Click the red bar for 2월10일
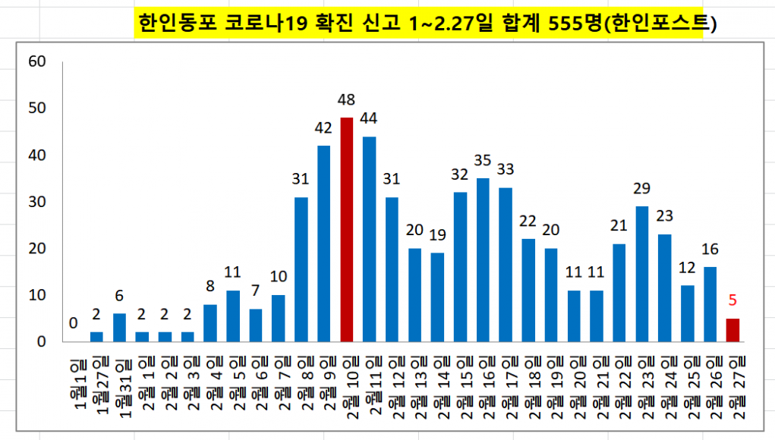pyautogui.click(x=346, y=230)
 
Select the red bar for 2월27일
pyautogui.click(x=732, y=331)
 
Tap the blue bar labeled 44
pyautogui.click(x=370, y=239)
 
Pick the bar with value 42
pyautogui.click(x=324, y=244)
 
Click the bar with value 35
pyautogui.click(x=483, y=260)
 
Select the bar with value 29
pyautogui.click(x=641, y=274)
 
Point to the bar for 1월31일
pyautogui.click(x=119, y=328)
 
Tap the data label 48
pyautogui.click(x=346, y=99)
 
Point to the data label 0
pyautogui.click(x=74, y=323)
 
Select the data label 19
pyautogui.click(x=437, y=234)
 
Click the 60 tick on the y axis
pyautogui.click(x=37, y=61)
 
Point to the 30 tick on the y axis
pyautogui.click(x=37, y=202)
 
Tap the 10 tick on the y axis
pyautogui.click(x=37, y=295)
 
